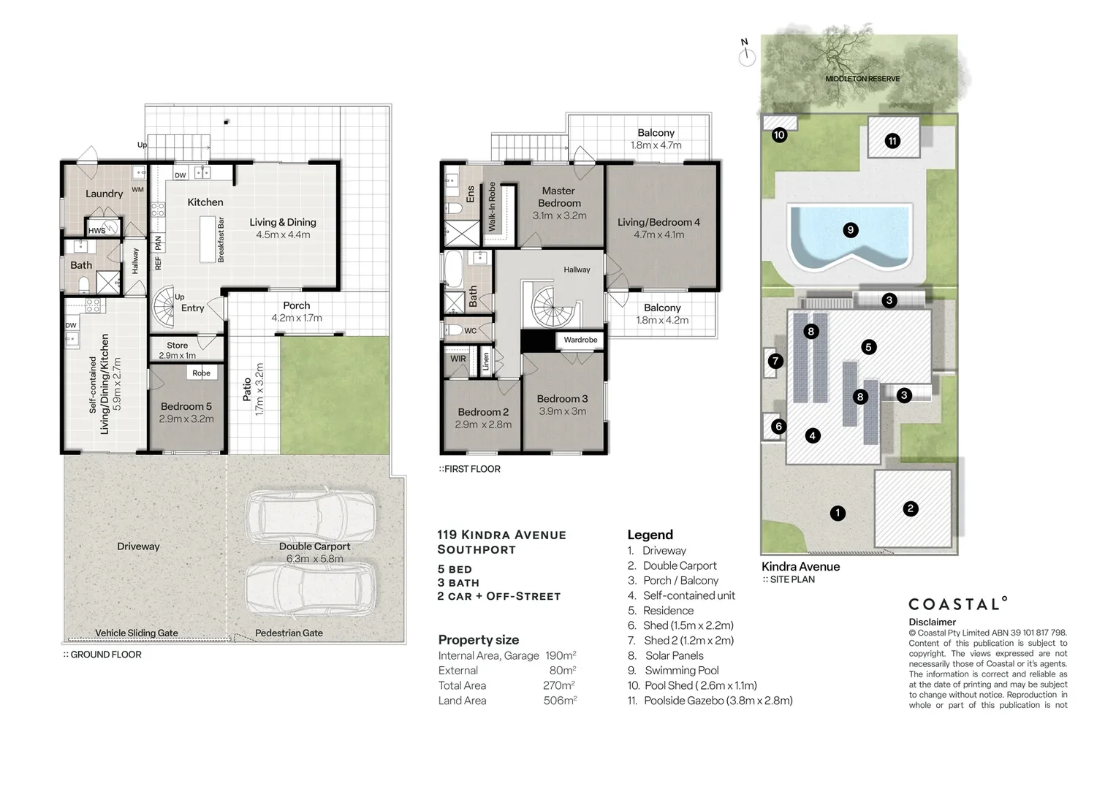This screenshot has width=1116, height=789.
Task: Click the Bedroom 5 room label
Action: point(186,406)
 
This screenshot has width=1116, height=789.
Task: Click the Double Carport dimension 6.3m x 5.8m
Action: point(315,559)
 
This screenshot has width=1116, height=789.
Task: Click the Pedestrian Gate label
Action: point(289,633)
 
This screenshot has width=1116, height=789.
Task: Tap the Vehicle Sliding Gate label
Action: point(137,633)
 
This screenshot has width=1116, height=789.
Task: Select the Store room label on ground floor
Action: point(177,346)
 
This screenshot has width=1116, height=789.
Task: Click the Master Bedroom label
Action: point(559,197)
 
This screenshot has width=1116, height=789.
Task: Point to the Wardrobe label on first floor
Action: point(580,340)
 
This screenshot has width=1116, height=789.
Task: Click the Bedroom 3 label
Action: point(562,399)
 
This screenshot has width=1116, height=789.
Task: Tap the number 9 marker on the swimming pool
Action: point(850,230)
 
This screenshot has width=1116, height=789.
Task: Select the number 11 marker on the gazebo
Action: point(892,141)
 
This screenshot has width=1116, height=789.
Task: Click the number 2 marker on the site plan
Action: point(910,508)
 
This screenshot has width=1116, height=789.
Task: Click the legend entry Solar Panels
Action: point(674,655)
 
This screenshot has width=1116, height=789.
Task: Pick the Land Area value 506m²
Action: point(561,701)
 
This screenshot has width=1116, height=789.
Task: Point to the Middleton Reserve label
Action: point(862,79)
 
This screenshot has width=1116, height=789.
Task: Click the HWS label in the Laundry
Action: point(96,231)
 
